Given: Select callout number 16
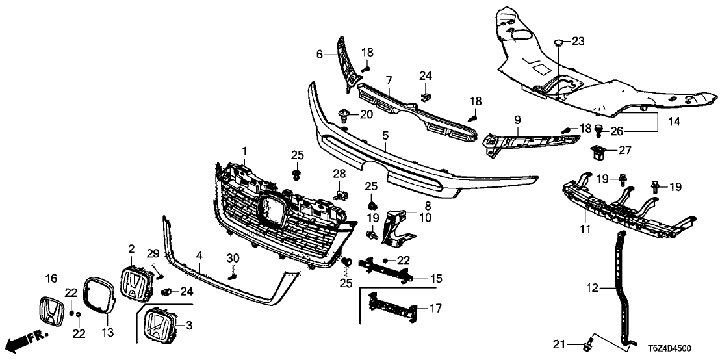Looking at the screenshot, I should coord(51,279).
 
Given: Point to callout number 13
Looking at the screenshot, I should coord(108,333).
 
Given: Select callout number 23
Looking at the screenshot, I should coord(578,42).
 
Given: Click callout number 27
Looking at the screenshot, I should coord(624,150).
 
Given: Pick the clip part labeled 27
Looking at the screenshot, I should coord(598,153).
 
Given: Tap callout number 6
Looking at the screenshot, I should coord(319,55).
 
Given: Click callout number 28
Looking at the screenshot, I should coord(340,174).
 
